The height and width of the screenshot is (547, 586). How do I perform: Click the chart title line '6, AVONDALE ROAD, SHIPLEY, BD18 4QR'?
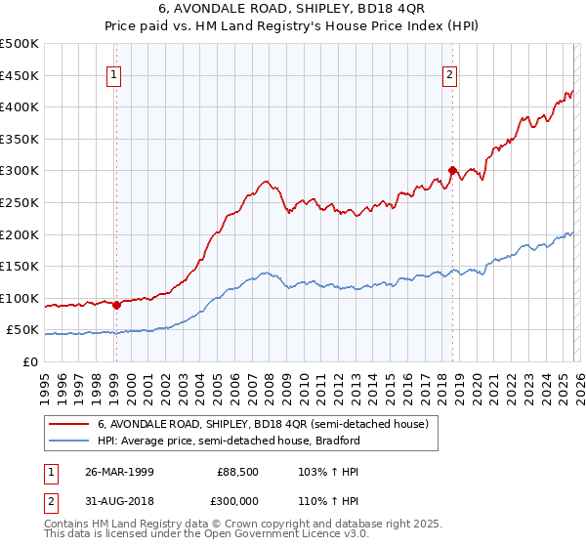[292, 11]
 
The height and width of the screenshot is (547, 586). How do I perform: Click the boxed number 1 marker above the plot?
[115, 74]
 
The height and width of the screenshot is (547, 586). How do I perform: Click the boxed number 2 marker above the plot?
[450, 74]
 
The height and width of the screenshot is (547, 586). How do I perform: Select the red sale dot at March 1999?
[116, 305]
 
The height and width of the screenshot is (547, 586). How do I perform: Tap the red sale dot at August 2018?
[452, 170]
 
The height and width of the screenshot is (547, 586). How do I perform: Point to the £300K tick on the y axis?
[21, 171]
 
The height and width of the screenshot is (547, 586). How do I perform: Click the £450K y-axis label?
[21, 75]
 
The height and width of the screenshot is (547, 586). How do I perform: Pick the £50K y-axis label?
[24, 330]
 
